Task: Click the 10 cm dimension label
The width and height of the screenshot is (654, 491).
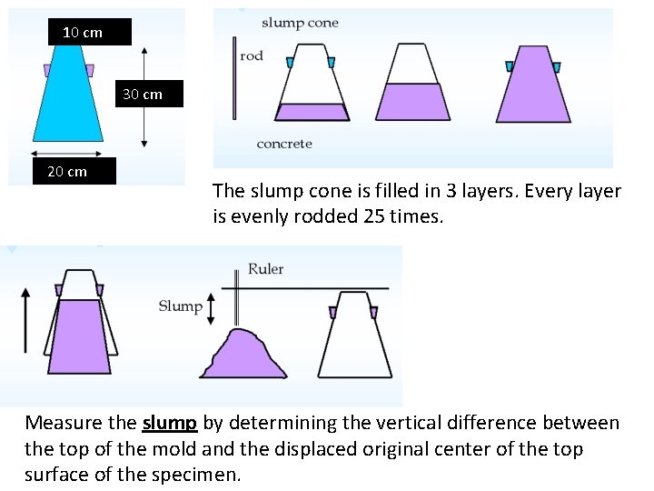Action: click(83, 33)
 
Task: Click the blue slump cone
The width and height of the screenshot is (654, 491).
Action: click(67, 100)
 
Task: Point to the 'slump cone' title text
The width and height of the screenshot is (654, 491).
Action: click(300, 23)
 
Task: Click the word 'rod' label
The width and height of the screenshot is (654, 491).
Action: click(252, 55)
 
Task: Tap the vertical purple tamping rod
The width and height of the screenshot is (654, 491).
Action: click(233, 78)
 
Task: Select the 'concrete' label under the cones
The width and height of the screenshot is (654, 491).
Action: click(284, 144)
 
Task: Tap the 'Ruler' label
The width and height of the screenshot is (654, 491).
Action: click(266, 269)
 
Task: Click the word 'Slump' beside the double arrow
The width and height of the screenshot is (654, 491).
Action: click(181, 306)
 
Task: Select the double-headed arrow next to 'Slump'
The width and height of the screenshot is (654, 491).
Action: click(211, 308)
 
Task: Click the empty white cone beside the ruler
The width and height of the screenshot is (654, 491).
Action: click(354, 336)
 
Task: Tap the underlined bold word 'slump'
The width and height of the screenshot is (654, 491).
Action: click(170, 423)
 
